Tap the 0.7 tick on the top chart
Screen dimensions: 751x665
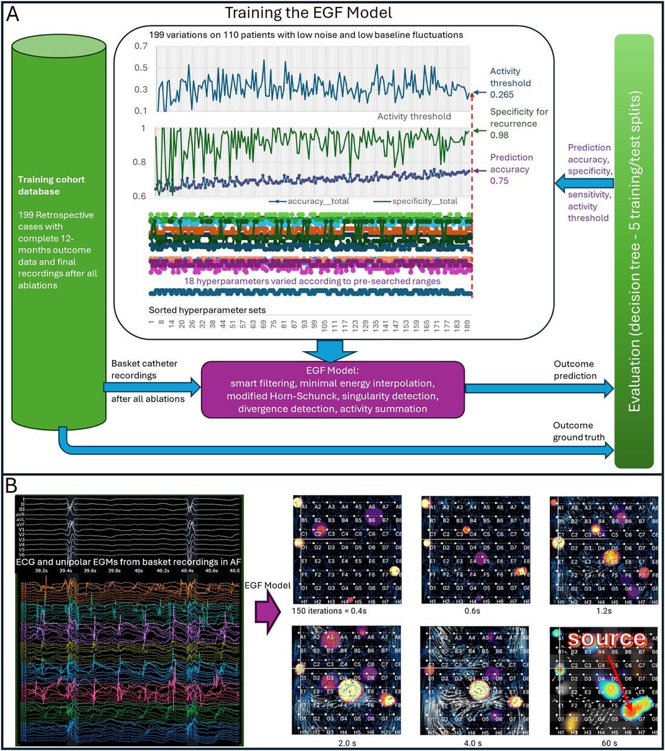pos(141,46)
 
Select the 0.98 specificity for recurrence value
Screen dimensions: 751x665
pos(499,135)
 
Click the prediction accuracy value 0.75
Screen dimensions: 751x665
pos(499,180)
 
